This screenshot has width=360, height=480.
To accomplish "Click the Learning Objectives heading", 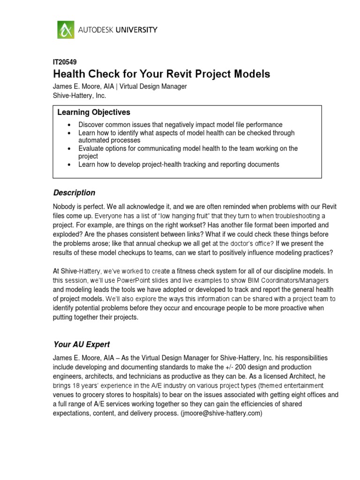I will point(94,112).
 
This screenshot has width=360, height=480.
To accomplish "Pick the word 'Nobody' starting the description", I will point(65,207).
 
